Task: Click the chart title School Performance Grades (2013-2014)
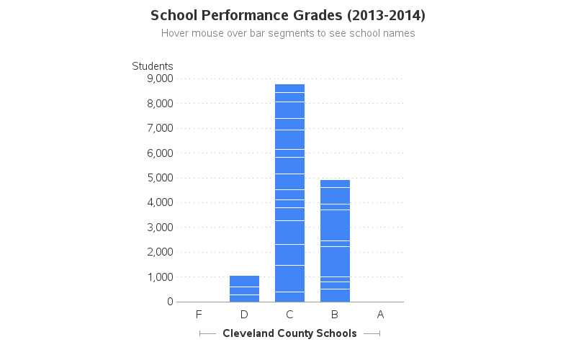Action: tap(288, 15)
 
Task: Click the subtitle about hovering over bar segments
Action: tap(288, 33)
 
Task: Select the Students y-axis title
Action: tap(153, 66)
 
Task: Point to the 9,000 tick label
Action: tap(159, 78)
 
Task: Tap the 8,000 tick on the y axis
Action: tap(159, 104)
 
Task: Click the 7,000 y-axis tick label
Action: tap(159, 128)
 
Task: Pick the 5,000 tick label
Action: tap(159, 178)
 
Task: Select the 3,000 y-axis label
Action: tap(159, 228)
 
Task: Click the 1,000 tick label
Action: tap(159, 277)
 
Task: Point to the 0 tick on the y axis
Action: tap(170, 302)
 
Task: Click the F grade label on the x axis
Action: tap(199, 314)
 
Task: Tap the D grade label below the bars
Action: tap(244, 314)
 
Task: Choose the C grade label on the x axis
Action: tap(289, 314)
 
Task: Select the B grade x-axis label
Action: tap(335, 314)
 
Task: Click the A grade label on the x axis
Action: tap(380, 314)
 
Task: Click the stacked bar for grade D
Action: tap(244, 289)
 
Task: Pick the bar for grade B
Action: tap(335, 240)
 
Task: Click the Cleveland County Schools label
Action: tap(289, 333)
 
